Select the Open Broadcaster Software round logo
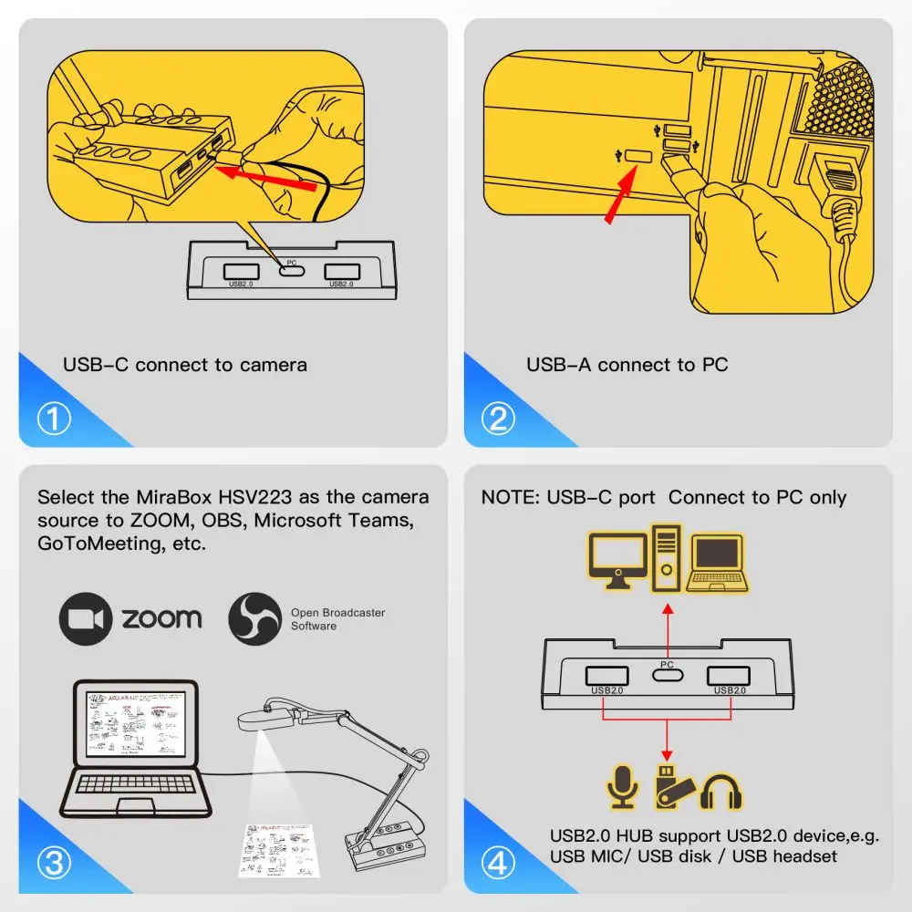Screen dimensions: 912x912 tap(254, 619)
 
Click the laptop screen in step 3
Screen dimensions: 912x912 tap(134, 726)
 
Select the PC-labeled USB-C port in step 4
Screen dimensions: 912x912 tap(668, 676)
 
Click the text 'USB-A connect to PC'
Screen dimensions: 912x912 tap(627, 365)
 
